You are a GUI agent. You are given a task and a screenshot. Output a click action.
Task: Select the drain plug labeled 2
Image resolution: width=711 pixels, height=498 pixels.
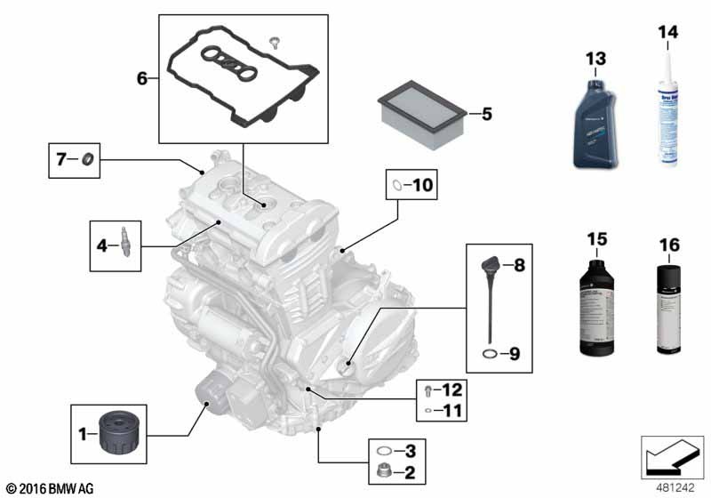[x=385, y=472]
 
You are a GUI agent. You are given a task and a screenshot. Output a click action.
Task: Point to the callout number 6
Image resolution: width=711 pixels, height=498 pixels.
[x=141, y=78]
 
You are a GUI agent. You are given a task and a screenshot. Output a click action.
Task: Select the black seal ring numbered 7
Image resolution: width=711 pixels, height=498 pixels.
[x=87, y=161]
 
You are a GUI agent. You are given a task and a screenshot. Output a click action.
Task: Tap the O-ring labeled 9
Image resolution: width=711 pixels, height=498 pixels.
[x=490, y=355]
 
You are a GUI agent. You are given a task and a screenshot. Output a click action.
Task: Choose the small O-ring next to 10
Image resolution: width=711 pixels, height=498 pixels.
[x=396, y=186]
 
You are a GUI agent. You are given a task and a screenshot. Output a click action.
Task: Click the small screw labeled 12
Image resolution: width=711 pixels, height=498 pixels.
[x=430, y=390]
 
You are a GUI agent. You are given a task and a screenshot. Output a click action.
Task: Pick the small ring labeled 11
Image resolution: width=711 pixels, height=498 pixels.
[x=430, y=412]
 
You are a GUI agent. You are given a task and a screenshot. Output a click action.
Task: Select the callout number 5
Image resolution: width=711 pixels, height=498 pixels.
[x=486, y=114]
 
